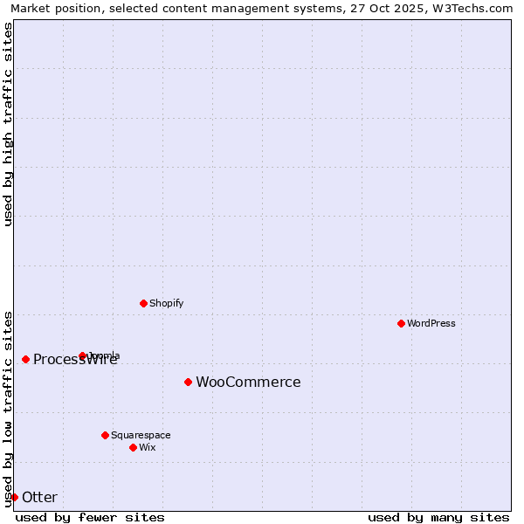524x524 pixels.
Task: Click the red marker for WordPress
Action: pos(401,323)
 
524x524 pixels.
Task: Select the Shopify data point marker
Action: pos(143,303)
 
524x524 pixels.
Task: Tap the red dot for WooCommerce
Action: pos(188,382)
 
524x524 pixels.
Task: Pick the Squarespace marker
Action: pos(105,435)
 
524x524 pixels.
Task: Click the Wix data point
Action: pos(133,447)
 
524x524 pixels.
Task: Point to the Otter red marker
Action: pos(14,497)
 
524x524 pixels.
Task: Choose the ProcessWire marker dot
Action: pos(25,359)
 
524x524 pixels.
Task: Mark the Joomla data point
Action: pos(82,355)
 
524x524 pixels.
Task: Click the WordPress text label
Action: pos(431,323)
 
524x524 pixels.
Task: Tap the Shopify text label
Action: pos(166,303)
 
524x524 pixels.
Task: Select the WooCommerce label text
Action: pos(248,382)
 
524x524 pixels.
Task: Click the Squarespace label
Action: pos(141,435)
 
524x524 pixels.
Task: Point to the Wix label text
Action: pos(147,447)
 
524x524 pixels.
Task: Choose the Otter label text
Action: pos(39,497)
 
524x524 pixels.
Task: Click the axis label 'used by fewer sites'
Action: pos(90,518)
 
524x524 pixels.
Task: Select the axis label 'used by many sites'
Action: pos(438,518)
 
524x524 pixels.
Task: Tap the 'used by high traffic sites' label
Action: pos(8,124)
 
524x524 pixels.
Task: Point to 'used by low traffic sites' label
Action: pos(8,408)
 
